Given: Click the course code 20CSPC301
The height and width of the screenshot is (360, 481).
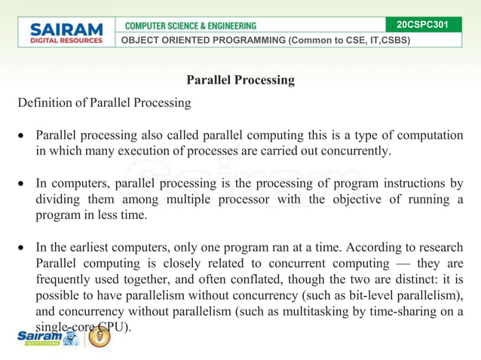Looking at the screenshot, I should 422,25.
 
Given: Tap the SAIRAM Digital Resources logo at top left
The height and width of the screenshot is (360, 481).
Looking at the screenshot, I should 66,32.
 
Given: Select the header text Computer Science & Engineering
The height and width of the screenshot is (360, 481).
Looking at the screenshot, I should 190,26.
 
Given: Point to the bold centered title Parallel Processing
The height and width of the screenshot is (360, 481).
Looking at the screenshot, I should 240,80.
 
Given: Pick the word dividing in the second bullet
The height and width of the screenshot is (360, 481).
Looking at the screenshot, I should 60,199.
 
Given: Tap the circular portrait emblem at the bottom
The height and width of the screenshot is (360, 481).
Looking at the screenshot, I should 100,337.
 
